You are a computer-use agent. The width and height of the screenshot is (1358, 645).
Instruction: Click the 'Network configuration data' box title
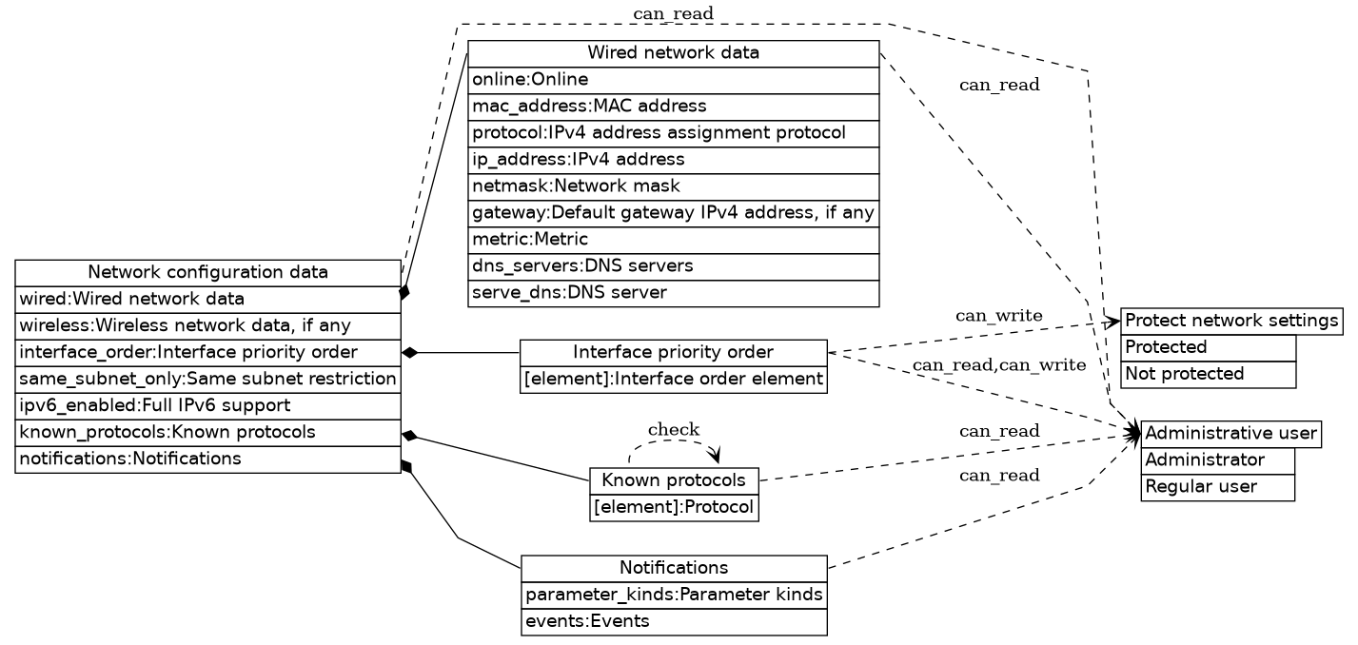pyautogui.click(x=207, y=273)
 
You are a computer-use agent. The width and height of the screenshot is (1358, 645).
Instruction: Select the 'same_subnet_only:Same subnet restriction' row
pyautogui.click(x=207, y=380)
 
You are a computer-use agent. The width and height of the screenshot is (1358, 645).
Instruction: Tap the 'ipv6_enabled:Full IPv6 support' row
pyautogui.click(x=207, y=406)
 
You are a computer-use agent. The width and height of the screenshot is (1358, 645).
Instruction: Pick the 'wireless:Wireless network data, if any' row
pyautogui.click(x=207, y=326)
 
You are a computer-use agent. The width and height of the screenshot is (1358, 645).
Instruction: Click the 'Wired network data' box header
pyautogui.click(x=673, y=53)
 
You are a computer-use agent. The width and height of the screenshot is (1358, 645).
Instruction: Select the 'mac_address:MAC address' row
pyautogui.click(x=673, y=106)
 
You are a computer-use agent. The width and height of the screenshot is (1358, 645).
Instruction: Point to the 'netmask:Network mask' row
pyautogui.click(x=673, y=186)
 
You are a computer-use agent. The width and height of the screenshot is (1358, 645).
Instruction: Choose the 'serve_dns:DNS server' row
pyautogui.click(x=673, y=292)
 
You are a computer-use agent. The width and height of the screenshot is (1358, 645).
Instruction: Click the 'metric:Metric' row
pyautogui.click(x=673, y=239)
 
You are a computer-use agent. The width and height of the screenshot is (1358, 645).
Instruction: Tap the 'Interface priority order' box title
pyautogui.click(x=673, y=353)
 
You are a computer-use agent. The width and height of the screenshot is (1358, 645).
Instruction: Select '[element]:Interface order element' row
pyautogui.click(x=673, y=380)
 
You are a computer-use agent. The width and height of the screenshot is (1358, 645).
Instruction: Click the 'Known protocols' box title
pyautogui.click(x=674, y=480)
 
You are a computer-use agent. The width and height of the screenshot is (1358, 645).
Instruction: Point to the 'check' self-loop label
pyautogui.click(x=673, y=430)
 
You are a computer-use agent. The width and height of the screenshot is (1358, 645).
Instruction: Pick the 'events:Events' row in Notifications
pyautogui.click(x=673, y=622)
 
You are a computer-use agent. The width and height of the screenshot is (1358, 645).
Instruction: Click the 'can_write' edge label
pyautogui.click(x=998, y=315)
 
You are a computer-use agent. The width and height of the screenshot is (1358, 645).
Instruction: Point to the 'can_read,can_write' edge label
pyautogui.click(x=998, y=365)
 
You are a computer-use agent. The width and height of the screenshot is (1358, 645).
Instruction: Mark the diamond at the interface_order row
pyautogui.click(x=411, y=353)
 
